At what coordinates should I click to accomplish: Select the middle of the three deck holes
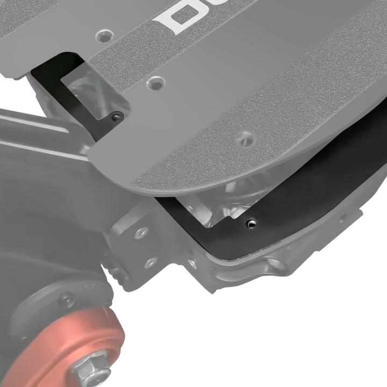155,83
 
